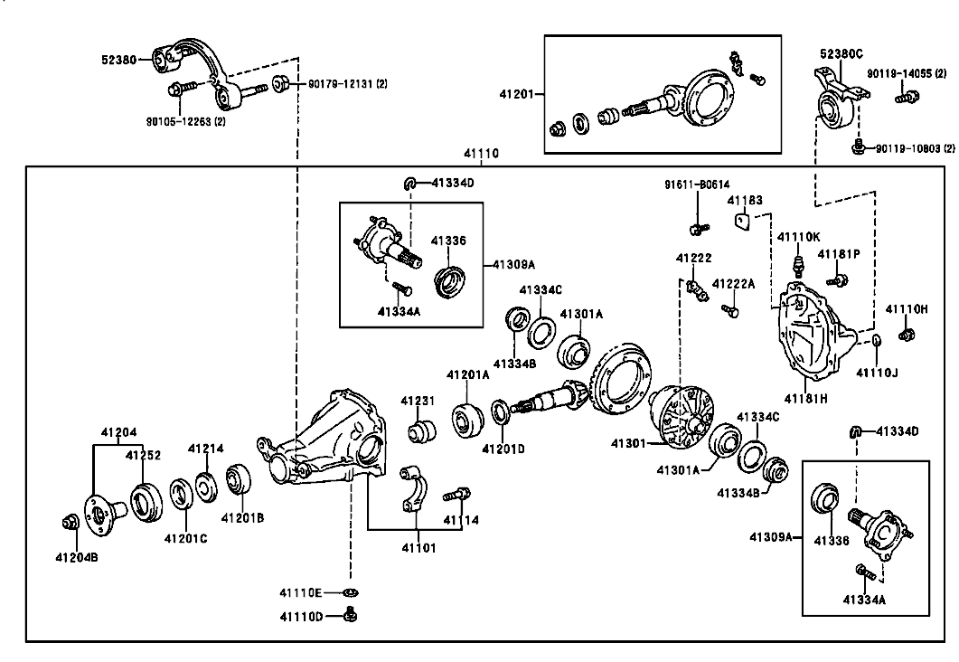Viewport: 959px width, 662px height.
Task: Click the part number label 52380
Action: (x=118, y=60)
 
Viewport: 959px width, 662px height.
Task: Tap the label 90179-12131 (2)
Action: (x=347, y=83)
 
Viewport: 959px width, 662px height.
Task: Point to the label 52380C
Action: (x=841, y=54)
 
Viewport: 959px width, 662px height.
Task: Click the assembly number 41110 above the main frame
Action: (x=481, y=153)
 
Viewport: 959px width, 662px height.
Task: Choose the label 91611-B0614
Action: (x=697, y=184)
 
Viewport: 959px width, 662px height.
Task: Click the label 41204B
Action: (x=77, y=557)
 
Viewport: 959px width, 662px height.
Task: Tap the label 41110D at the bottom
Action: (x=301, y=616)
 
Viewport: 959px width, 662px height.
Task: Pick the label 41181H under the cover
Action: (x=806, y=398)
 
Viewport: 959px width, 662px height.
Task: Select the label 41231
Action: (x=418, y=401)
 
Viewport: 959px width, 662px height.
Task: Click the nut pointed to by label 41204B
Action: (x=71, y=522)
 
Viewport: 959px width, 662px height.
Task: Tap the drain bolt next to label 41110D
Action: (x=351, y=614)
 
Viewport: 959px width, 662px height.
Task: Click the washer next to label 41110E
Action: (x=351, y=592)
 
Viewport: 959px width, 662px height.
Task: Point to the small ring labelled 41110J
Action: (x=876, y=340)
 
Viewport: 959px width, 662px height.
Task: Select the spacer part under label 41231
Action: (x=421, y=430)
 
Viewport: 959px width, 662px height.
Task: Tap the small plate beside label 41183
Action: (x=741, y=221)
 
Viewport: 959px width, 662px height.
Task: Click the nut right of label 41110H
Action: (x=907, y=334)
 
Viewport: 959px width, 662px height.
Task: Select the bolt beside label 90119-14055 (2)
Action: (x=907, y=96)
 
